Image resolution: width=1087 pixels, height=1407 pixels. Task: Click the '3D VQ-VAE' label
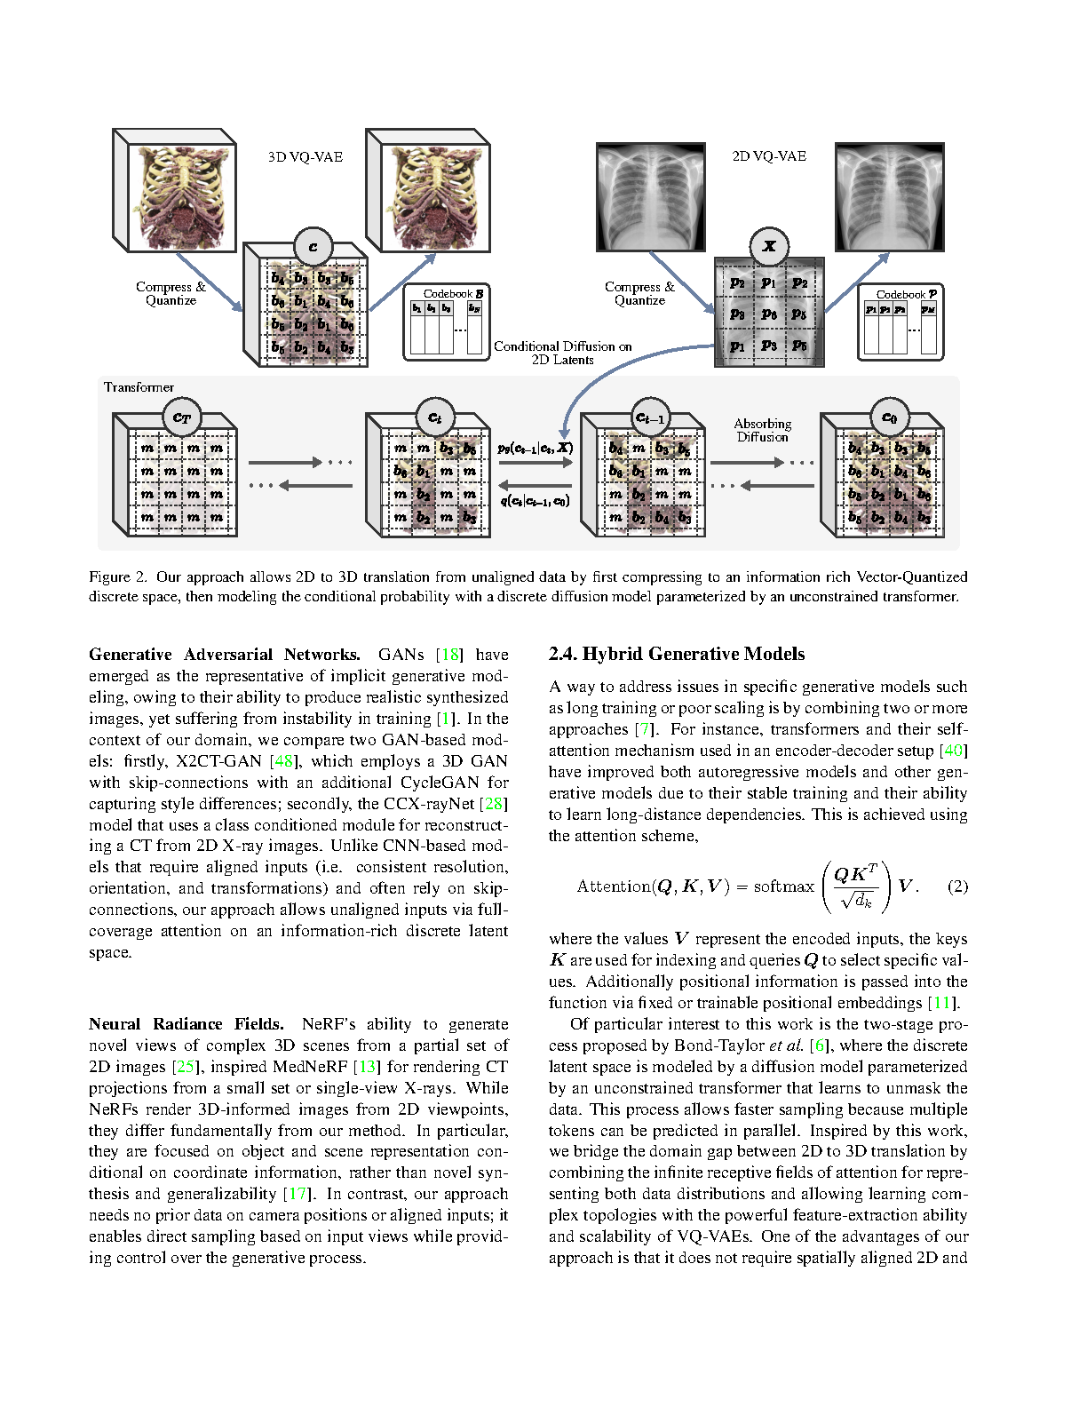pos(305,157)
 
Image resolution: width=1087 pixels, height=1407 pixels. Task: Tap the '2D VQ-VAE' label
pos(769,156)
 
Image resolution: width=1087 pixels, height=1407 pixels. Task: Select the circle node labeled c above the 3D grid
pos(313,248)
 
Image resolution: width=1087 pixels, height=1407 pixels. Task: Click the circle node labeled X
pos(769,246)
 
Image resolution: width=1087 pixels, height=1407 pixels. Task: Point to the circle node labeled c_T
pos(182,417)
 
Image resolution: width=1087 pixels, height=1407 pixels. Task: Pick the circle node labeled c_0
pos(889,417)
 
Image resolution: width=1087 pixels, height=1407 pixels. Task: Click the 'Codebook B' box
pos(447,322)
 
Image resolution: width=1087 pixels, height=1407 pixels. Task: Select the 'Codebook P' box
pos(901,322)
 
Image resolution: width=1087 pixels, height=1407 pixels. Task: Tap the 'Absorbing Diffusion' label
pos(762,430)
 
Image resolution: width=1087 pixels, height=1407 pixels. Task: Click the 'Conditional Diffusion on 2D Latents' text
pos(563,353)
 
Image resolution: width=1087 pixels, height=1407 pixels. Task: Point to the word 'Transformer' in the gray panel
pos(139,387)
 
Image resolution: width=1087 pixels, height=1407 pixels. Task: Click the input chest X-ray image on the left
pos(648,197)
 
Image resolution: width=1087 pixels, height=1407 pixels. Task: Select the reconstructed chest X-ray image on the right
pos(889,197)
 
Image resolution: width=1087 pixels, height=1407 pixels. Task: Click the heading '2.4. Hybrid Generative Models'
pos(677,655)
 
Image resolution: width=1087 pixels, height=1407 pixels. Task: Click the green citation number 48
pos(284,761)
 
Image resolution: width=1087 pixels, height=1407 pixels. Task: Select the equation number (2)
pos(957,886)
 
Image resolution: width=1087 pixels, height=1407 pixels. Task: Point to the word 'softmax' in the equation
pos(783,886)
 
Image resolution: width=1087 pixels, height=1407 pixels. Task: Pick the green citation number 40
pos(953,751)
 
